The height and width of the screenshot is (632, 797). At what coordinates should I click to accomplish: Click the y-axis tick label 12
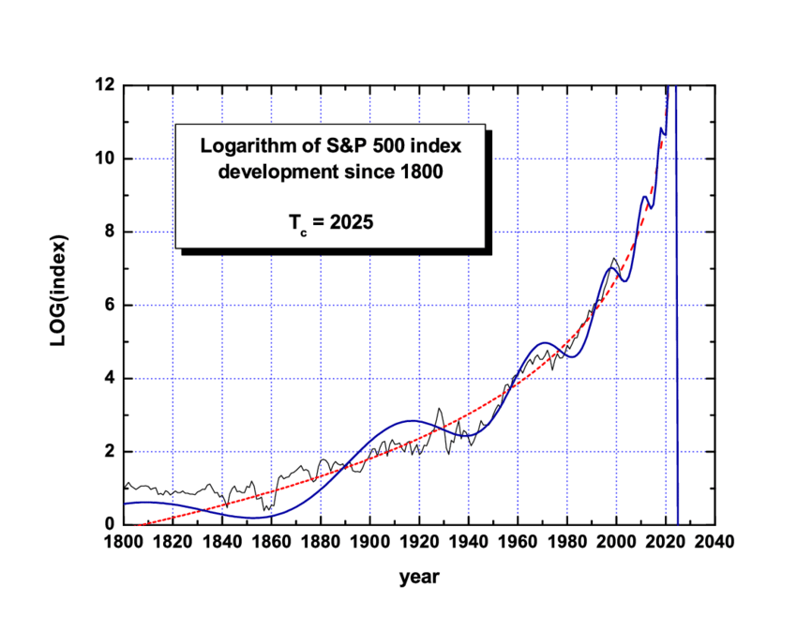[106, 85]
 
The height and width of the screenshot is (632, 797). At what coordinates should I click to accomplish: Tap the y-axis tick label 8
[110, 232]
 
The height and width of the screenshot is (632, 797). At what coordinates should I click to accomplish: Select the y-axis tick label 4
[110, 379]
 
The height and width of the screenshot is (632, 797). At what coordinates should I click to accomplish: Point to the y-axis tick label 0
[110, 525]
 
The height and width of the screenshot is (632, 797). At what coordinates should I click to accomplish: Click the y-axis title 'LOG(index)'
[58, 306]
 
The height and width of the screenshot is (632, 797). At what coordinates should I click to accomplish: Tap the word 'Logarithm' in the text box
[246, 147]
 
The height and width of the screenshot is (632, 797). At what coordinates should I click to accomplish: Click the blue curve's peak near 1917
[410, 421]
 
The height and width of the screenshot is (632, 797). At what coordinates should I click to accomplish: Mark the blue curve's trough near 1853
[253, 518]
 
